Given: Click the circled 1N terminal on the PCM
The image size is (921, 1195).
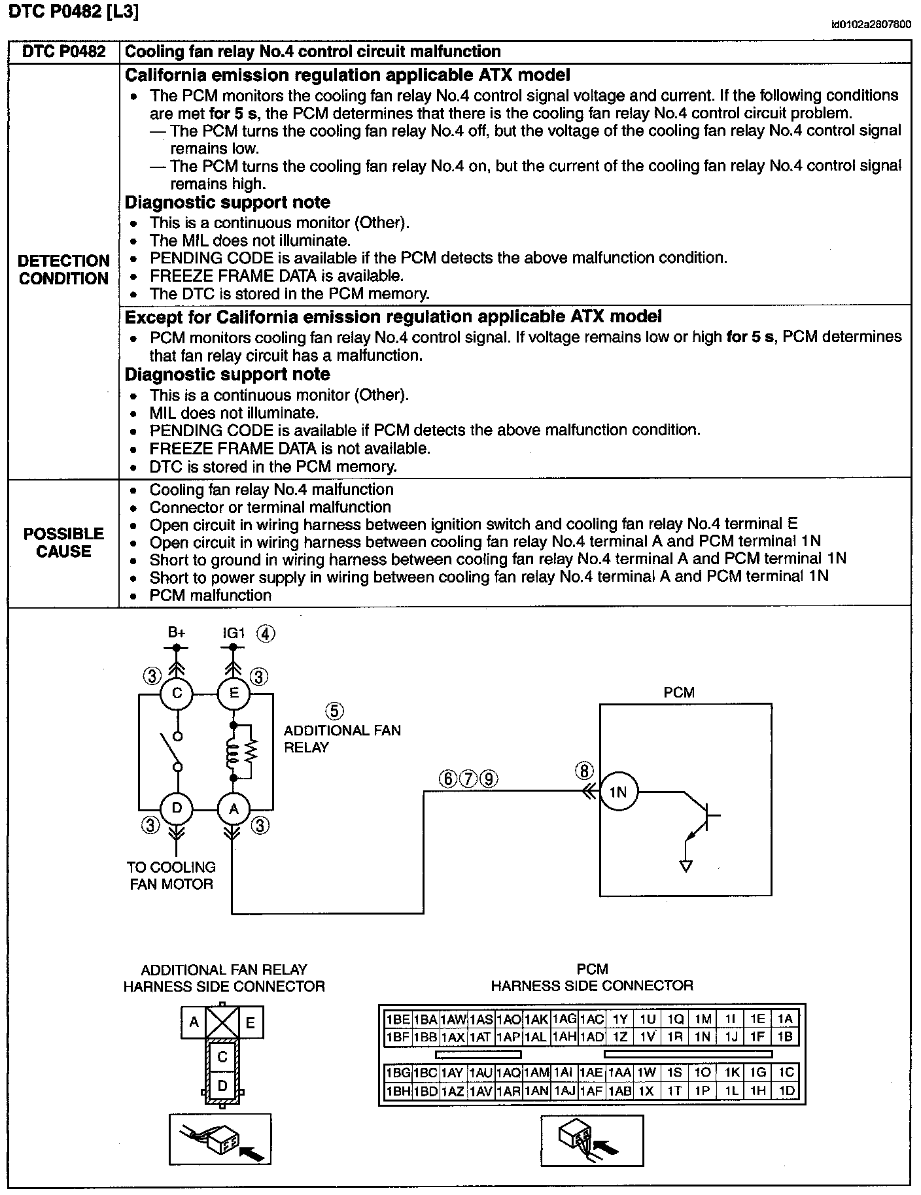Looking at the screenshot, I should point(617,792).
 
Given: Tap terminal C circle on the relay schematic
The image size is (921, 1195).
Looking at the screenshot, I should point(177,693).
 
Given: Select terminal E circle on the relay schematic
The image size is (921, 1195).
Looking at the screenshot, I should point(234,693).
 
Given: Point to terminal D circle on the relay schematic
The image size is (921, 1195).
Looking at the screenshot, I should point(177,809).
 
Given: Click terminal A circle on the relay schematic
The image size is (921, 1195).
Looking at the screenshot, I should point(234,809).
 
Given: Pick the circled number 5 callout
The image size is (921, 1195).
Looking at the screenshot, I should point(334,711).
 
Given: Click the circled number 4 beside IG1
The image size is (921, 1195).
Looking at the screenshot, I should point(266,633).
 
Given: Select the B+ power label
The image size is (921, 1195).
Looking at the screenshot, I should point(177,632).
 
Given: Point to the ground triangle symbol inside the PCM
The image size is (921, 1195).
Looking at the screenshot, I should point(686,866).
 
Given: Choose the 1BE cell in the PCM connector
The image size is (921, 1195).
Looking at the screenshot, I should point(398,1019).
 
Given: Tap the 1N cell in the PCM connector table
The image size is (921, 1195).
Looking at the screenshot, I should point(702,1036).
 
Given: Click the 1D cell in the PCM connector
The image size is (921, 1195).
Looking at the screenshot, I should point(786,1090).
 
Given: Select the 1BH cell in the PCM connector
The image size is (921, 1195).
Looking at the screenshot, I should point(398,1090).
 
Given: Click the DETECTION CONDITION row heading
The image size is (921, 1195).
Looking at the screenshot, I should point(63,269).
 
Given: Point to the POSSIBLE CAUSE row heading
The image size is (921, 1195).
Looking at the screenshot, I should point(63,543).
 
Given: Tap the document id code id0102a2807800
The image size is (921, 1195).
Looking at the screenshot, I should point(871,25).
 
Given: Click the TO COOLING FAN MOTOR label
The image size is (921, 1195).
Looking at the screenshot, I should point(171,875).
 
